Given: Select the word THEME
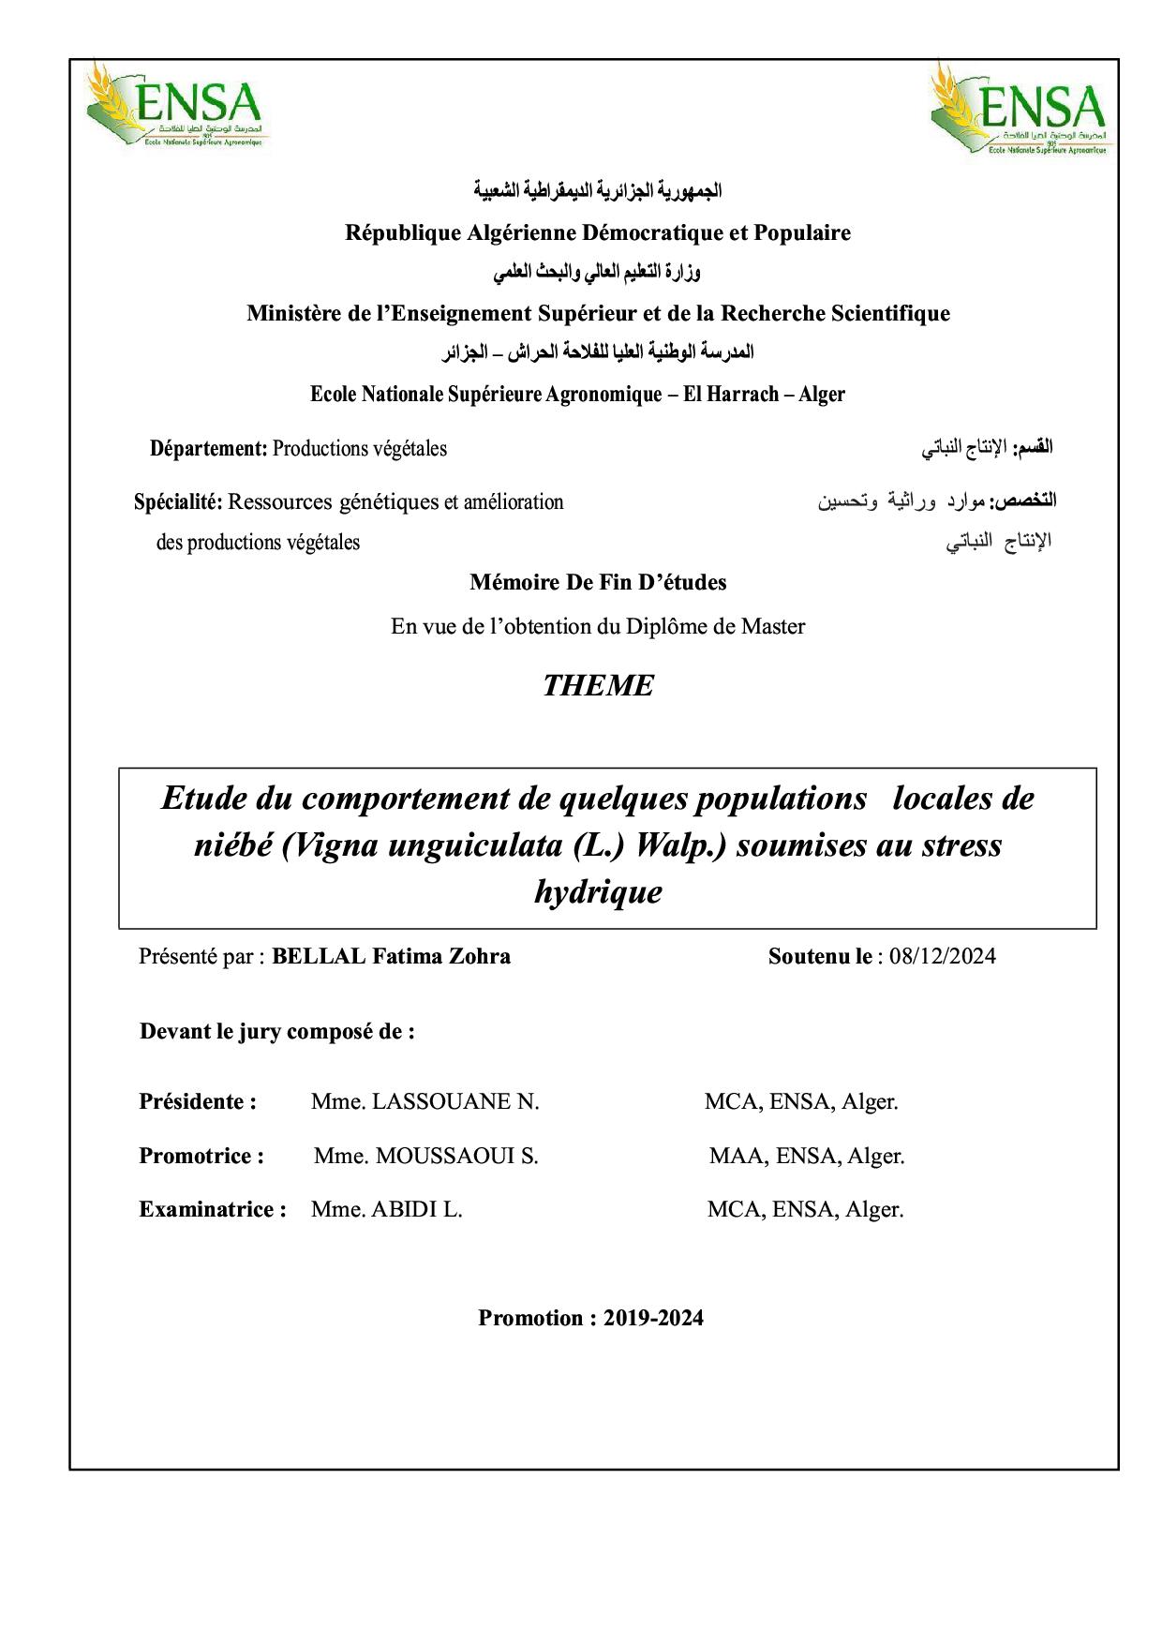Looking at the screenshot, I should coord(598,686).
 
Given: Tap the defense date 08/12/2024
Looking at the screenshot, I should coord(943,956).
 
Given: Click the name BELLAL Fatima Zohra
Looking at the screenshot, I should coord(391,956).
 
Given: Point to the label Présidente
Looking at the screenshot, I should coord(197,1101).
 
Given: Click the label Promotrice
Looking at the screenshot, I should coord(201,1156).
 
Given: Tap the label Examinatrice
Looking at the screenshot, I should coord(212,1209).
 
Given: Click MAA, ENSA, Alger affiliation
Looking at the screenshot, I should coord(806,1156).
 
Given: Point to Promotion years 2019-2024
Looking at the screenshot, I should coord(653,1318).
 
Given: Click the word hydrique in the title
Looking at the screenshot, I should coord(598,891).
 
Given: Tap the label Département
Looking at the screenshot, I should coord(208,448).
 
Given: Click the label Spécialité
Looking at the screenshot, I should coord(177,501).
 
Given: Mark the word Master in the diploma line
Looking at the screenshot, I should coord(772,626).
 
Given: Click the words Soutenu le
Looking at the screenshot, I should coord(819,956).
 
